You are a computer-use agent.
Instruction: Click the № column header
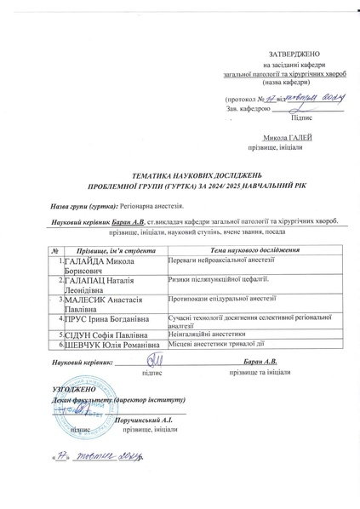click(x=54, y=250)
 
